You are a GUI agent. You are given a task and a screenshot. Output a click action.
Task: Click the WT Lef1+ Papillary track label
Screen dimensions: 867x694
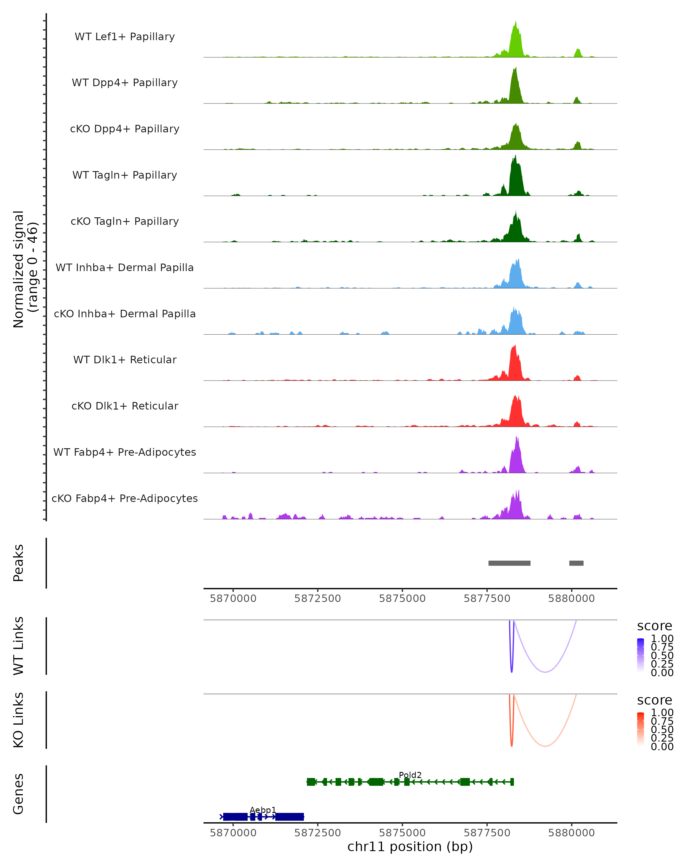(x=125, y=37)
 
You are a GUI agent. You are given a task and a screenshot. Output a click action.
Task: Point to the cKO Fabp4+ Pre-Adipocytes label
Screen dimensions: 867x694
(x=125, y=498)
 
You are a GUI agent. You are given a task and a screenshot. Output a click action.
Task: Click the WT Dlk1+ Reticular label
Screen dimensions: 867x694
(x=125, y=360)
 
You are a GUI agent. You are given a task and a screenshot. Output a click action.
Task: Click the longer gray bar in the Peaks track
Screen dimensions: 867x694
(x=509, y=563)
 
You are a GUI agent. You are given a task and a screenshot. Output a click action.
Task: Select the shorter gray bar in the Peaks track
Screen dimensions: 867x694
(x=576, y=563)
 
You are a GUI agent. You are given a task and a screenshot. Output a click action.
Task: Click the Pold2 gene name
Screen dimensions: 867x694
(x=410, y=775)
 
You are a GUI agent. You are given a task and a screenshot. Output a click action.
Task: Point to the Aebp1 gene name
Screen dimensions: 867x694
(x=263, y=810)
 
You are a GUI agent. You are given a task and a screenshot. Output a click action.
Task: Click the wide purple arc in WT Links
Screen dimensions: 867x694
(x=545, y=672)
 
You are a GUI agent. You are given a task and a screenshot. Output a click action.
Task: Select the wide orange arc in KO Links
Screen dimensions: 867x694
(x=545, y=746)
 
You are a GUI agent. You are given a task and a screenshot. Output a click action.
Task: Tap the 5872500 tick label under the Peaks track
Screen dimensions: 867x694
(x=318, y=599)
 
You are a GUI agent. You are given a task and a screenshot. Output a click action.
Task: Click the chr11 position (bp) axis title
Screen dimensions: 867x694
(x=410, y=846)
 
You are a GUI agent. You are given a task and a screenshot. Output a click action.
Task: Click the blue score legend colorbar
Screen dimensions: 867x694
(x=641, y=655)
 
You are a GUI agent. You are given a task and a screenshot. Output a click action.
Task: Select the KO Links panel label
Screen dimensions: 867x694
(x=19, y=720)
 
